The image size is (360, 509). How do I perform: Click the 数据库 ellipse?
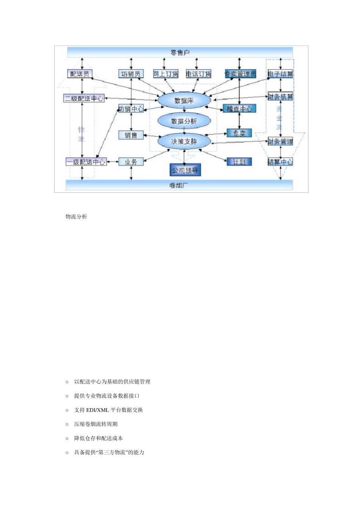(184, 101)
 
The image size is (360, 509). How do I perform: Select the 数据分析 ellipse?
(184, 121)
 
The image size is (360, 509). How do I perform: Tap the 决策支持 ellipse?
(184, 142)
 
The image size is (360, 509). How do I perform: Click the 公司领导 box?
(185, 170)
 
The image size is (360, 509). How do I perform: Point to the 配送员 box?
(80, 74)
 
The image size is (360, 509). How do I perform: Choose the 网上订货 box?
(166, 74)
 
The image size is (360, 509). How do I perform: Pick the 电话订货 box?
(199, 74)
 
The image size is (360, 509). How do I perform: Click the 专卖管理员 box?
(240, 74)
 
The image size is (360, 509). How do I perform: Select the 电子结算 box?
(280, 74)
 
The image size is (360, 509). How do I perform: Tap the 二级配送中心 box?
(84, 98)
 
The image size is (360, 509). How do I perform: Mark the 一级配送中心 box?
(86, 162)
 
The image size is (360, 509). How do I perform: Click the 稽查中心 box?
(239, 109)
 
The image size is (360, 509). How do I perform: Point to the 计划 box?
(239, 162)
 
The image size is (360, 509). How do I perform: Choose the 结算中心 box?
(280, 162)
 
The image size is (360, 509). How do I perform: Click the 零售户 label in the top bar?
(180, 52)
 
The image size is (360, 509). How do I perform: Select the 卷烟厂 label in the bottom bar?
(179, 185)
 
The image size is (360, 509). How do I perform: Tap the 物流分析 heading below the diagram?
(76, 217)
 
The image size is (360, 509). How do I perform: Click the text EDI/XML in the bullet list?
(97, 410)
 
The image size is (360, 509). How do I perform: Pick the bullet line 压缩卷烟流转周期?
(96, 424)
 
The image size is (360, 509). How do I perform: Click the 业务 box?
(131, 162)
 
